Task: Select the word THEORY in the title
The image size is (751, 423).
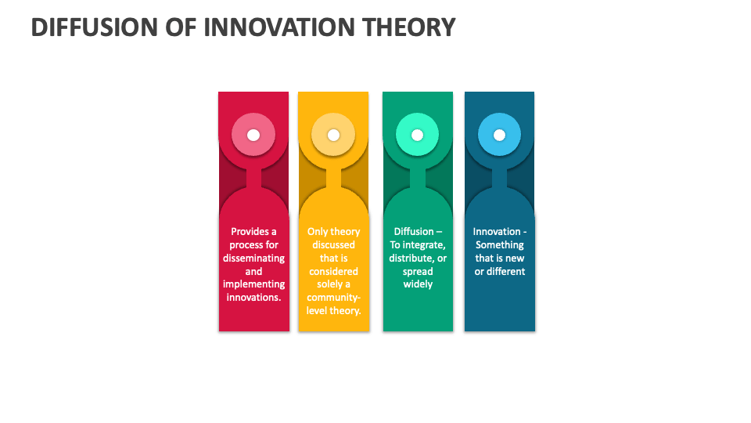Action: [x=408, y=27]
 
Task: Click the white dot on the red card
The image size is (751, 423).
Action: [x=253, y=135]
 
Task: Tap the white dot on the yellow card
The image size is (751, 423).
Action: [x=333, y=135]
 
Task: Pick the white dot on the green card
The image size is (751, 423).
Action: [x=417, y=135]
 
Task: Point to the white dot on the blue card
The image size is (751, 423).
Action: [x=499, y=135]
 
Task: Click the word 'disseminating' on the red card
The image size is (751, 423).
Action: [x=253, y=258]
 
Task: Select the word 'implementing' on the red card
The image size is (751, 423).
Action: [x=253, y=284]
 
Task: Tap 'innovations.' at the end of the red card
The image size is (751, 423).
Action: [x=253, y=298]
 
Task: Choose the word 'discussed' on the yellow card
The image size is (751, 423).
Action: [x=333, y=244]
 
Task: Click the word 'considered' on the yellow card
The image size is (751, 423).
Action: [x=333, y=271]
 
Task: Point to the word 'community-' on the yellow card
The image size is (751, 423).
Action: [x=333, y=298]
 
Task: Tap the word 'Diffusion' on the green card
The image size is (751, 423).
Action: [x=413, y=231]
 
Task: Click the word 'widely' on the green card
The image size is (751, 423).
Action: [x=418, y=284]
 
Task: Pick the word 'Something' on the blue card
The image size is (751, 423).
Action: [x=499, y=244]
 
